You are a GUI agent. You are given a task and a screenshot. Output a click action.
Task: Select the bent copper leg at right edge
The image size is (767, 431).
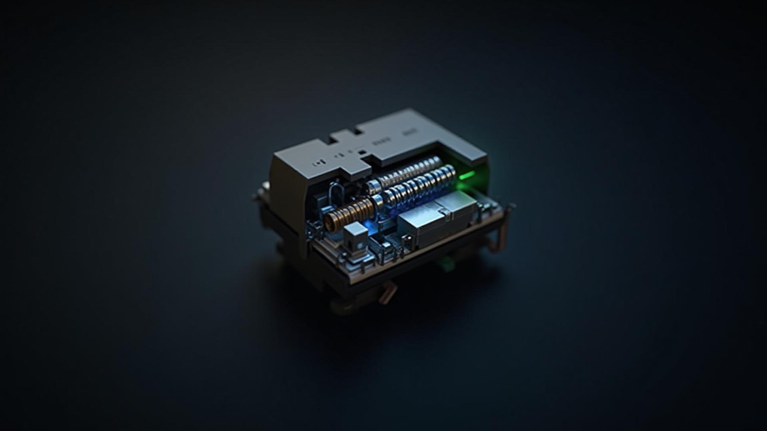coord(503,235)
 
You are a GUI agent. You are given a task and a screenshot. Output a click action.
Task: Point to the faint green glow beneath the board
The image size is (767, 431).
coord(445,263)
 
